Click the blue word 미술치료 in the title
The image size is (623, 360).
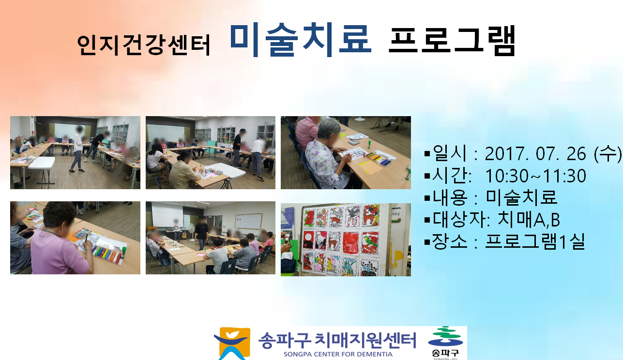click(301, 41)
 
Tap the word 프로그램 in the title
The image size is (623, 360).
click(452, 41)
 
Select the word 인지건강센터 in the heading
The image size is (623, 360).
click(143, 45)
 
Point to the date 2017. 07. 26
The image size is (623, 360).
click(535, 154)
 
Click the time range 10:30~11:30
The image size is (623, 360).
click(536, 176)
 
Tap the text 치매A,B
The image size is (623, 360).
click(528, 220)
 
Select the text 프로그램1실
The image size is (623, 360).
click(535, 241)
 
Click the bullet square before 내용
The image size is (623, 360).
click(427, 198)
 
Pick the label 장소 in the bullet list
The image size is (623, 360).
click(450, 241)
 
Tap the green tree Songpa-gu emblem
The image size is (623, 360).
click(445, 337)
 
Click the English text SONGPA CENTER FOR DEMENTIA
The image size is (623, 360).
click(338, 355)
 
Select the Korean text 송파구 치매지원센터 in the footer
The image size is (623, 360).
click(337, 341)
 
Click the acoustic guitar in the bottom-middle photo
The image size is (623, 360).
click(184, 234)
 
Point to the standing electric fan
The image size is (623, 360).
click(192, 232)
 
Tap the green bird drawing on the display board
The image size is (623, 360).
click(370, 242)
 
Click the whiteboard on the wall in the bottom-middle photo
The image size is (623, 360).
click(248, 221)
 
